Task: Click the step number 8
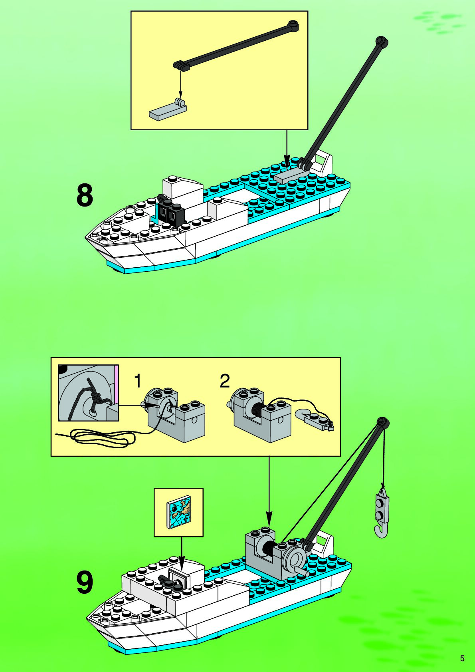pyautogui.click(x=85, y=195)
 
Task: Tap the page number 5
pyautogui.click(x=462, y=658)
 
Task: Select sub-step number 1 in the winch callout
pyautogui.click(x=138, y=381)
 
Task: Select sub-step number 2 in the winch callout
pyautogui.click(x=225, y=381)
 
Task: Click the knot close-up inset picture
pyautogui.click(x=88, y=393)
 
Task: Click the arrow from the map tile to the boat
pyautogui.click(x=182, y=553)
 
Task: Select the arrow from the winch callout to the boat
pyautogui.click(x=269, y=491)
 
